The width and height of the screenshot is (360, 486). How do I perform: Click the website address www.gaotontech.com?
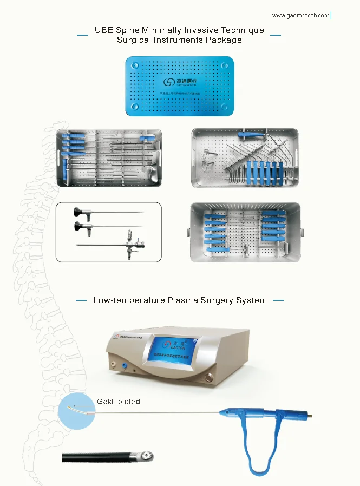click(300, 16)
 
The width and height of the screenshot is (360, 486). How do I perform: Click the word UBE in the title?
click(104, 30)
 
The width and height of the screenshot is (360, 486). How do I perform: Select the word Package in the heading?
click(224, 40)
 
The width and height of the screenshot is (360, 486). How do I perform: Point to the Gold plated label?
click(119, 402)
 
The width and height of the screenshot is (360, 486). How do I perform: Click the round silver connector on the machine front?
click(208, 377)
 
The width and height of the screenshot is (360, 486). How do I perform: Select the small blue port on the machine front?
click(124, 366)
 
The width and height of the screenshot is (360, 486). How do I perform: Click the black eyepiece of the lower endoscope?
click(80, 226)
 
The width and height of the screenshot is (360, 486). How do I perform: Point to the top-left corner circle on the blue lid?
click(134, 64)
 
